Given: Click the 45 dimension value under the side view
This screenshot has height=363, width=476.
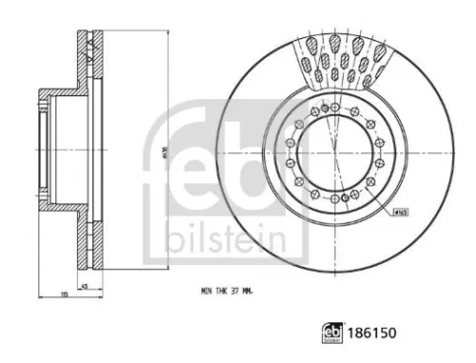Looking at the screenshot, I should point(84,287).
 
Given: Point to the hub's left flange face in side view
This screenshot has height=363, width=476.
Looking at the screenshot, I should point(39,152).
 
